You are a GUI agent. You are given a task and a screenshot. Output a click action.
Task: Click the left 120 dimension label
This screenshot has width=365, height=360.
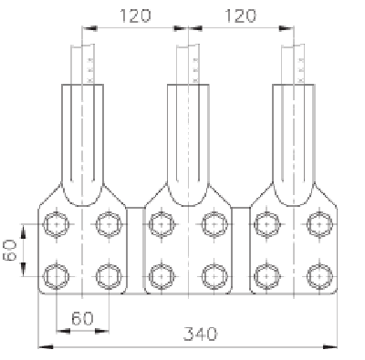135,15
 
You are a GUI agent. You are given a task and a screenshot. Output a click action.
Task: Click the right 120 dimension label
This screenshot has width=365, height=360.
240,15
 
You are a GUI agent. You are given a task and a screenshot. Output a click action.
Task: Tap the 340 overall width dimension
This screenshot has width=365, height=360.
201,334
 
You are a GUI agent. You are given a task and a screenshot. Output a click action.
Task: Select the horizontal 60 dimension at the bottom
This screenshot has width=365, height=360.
82,318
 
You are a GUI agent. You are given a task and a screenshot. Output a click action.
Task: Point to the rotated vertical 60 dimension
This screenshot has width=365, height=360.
9,250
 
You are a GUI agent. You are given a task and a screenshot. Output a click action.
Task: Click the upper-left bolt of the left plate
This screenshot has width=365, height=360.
57,224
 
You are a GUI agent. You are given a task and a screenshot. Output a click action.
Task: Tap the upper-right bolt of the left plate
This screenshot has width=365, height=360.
109,224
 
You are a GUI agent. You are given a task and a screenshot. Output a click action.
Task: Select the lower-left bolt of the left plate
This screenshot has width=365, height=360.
57,276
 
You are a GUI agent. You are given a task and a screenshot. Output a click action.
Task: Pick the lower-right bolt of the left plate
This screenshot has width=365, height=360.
109,276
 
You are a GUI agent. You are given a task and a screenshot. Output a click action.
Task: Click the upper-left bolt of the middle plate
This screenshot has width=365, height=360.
162,224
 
